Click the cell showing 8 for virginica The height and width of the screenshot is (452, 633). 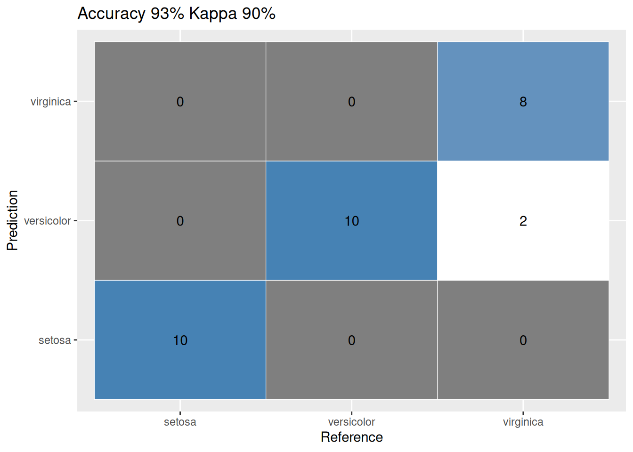[x=523, y=101]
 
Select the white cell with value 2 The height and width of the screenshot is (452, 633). [x=523, y=220]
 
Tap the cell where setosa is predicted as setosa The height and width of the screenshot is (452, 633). [x=180, y=340]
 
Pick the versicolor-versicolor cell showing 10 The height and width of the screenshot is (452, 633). [x=351, y=220]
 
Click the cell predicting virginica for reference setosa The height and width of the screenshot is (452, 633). [x=180, y=101]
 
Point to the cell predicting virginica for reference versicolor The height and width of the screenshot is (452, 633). [x=351, y=101]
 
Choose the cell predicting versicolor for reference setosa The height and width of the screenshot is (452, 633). [x=180, y=220]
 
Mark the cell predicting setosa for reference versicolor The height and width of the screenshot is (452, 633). [x=351, y=340]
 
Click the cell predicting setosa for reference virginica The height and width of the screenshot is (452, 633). [x=523, y=340]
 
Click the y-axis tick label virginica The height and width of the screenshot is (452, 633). [x=50, y=102]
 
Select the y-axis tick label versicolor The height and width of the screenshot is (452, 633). [x=47, y=221]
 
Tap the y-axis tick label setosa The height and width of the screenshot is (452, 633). [x=55, y=340]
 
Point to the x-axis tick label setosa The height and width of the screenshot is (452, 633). [x=180, y=422]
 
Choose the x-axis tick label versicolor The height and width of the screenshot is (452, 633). [x=351, y=422]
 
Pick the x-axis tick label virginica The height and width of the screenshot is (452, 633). [x=523, y=422]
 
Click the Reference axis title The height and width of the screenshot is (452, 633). [x=351, y=437]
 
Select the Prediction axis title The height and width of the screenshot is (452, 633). [x=13, y=220]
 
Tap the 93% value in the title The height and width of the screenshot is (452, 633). [x=167, y=14]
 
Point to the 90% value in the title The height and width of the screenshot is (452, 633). [x=259, y=14]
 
